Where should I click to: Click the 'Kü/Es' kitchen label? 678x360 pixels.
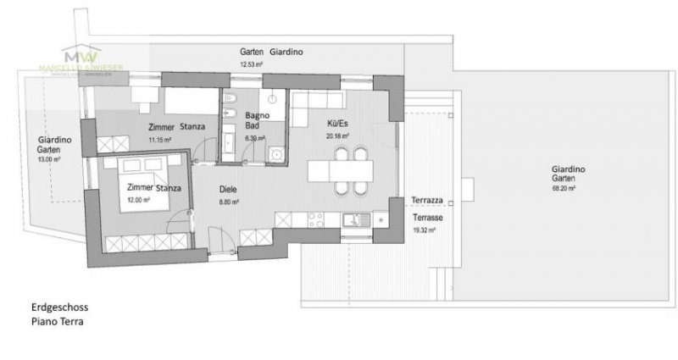click(338, 121)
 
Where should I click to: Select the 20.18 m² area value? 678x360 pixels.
click(338, 134)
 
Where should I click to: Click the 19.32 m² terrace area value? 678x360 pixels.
click(425, 229)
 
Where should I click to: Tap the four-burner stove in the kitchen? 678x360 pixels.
click(317, 220)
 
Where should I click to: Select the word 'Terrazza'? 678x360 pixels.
click(425, 201)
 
